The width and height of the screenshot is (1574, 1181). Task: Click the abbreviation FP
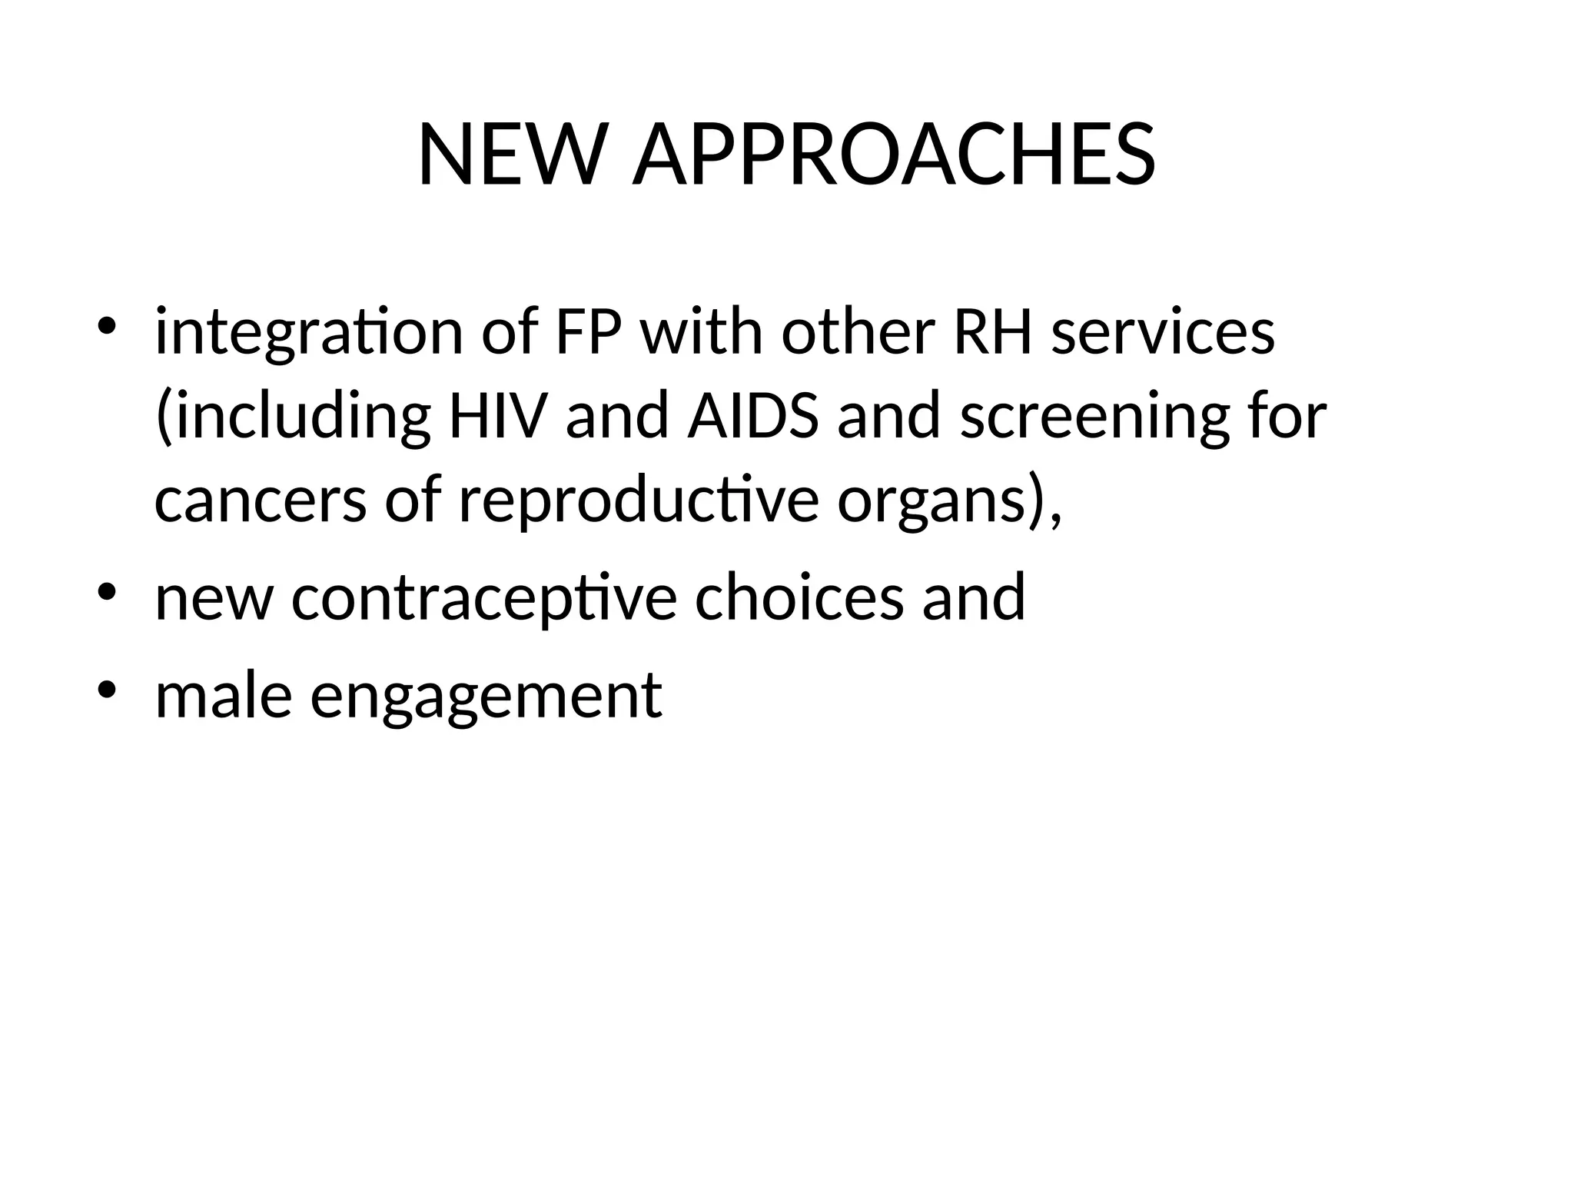point(588,333)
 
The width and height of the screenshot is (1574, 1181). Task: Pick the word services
point(1163,333)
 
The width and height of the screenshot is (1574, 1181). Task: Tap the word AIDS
point(752,416)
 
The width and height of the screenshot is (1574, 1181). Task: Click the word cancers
point(261,501)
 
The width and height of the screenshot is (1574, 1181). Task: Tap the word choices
point(799,597)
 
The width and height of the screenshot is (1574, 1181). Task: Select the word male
point(224,695)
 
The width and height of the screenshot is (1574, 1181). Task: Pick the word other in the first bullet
point(858,333)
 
